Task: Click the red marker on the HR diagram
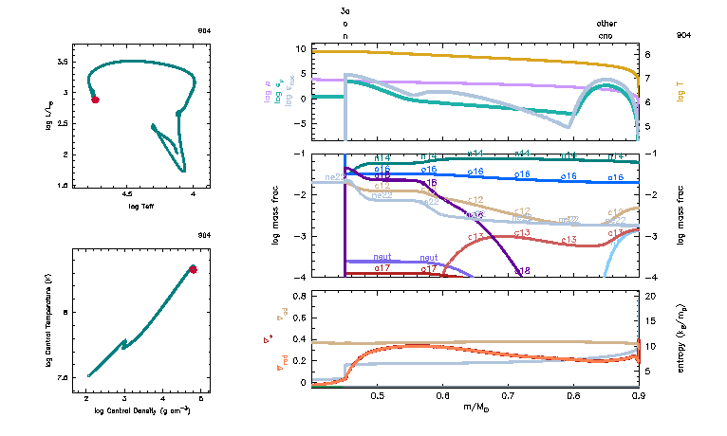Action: (x=95, y=98)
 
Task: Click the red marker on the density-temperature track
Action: (x=193, y=269)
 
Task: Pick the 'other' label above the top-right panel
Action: (x=606, y=23)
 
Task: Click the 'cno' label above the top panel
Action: (x=606, y=35)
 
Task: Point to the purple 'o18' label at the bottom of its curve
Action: (x=522, y=271)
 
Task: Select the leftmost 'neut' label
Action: (x=382, y=257)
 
